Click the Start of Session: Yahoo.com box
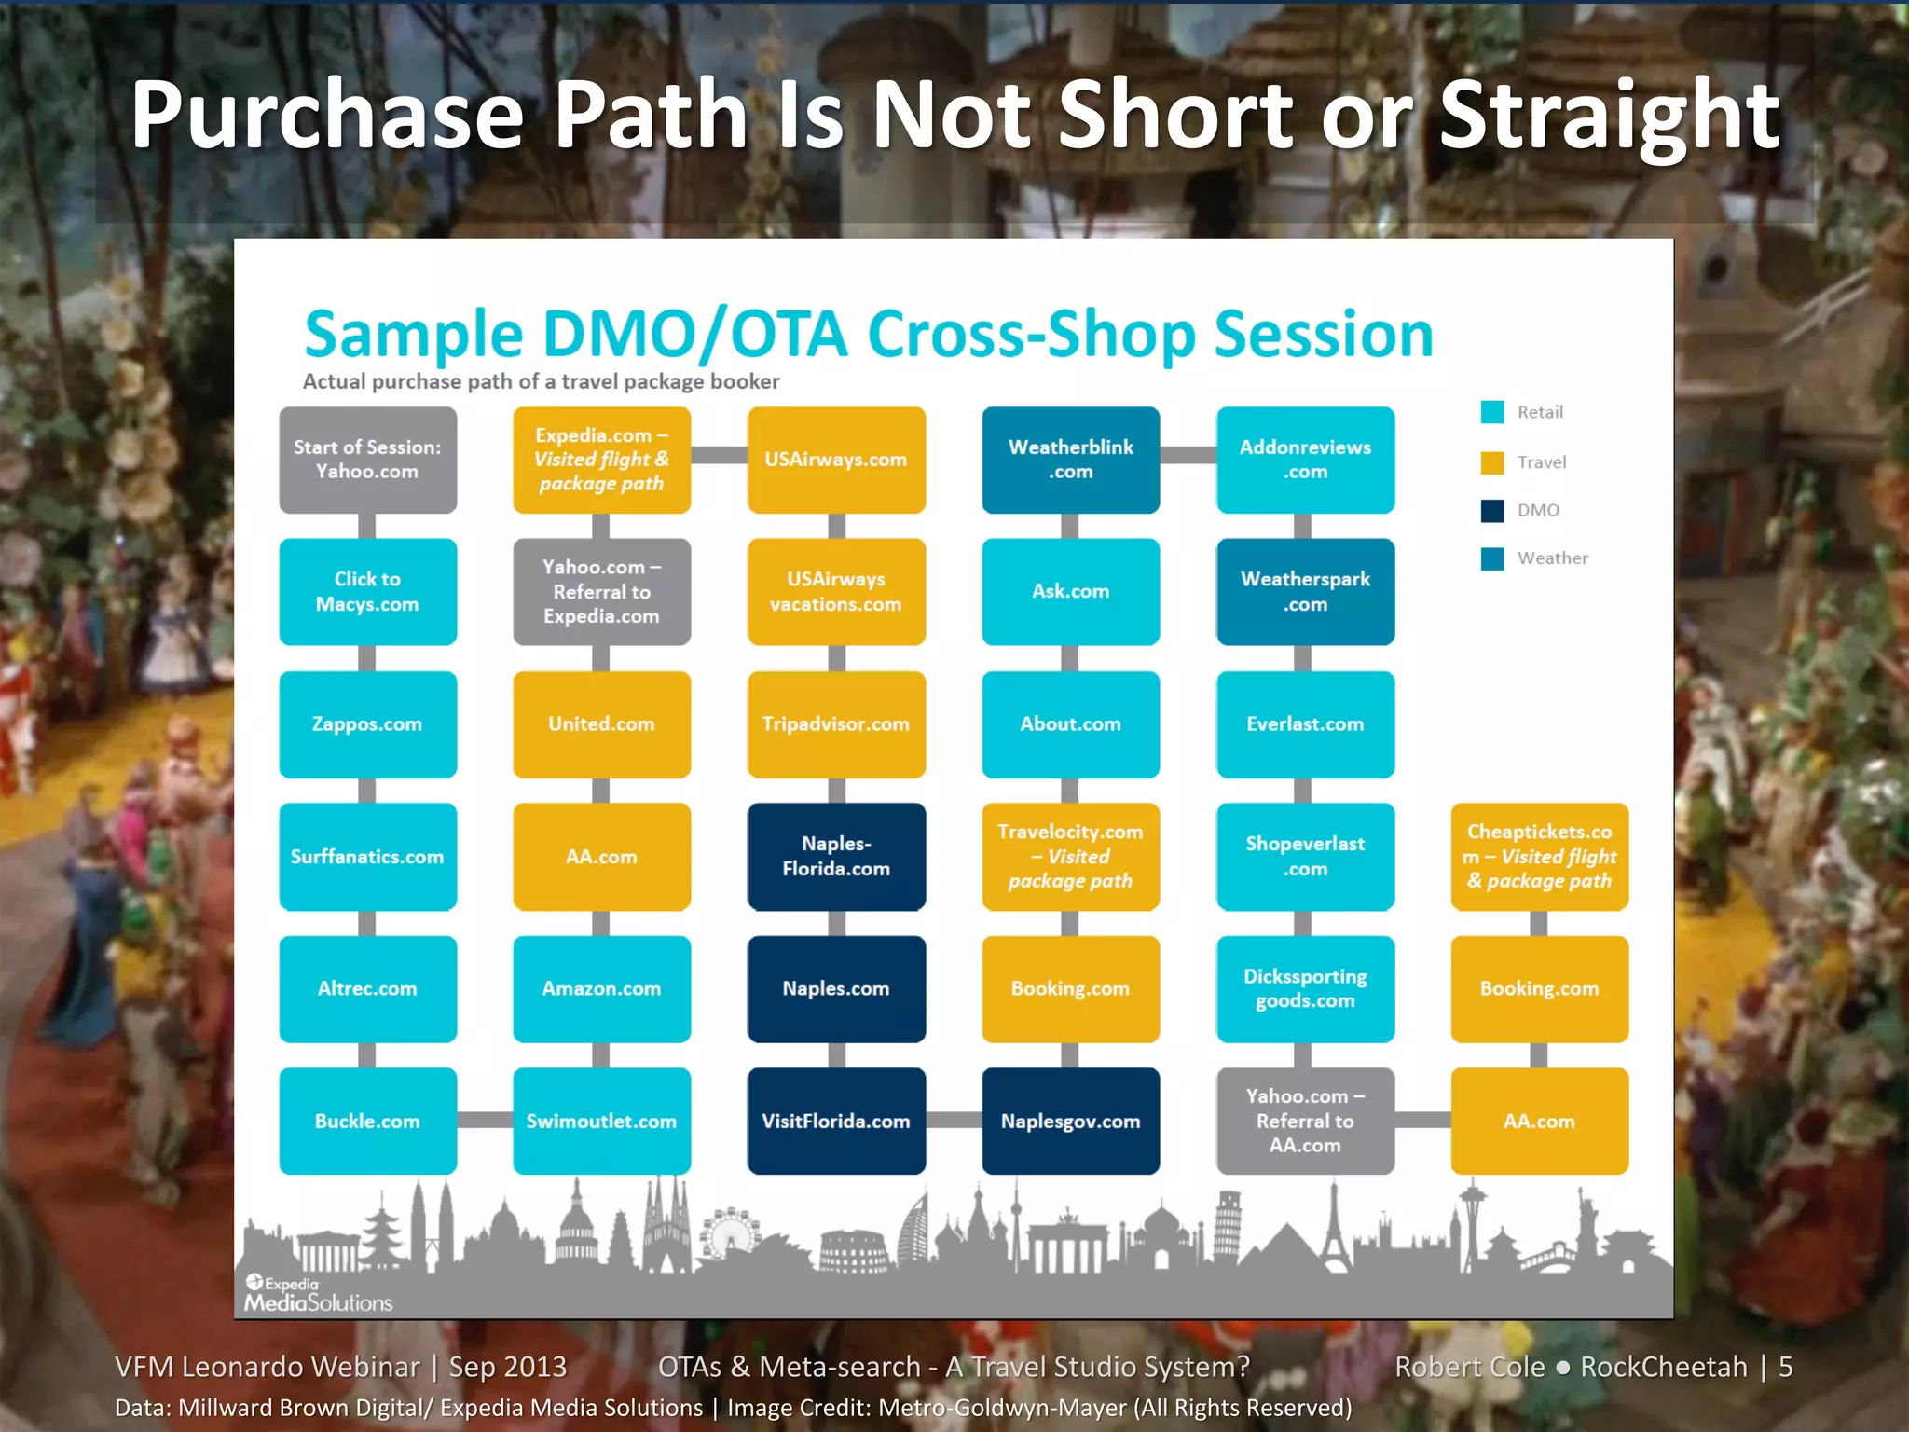[367, 460]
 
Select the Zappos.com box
[367, 724]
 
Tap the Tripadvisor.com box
[836, 724]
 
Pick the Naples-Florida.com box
[836, 856]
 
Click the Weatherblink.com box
[1070, 460]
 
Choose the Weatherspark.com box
[1305, 591]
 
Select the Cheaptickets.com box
[1539, 856]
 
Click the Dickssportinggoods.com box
[1305, 988]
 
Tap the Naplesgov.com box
[1070, 1121]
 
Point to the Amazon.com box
[601, 988]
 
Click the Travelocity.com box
[1070, 856]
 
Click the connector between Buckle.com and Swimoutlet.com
[485, 1120]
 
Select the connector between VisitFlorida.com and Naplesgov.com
[954, 1120]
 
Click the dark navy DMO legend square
[1491, 510]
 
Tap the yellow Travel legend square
[1491, 462]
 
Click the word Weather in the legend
[1552, 558]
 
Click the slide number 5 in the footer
[1785, 1367]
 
